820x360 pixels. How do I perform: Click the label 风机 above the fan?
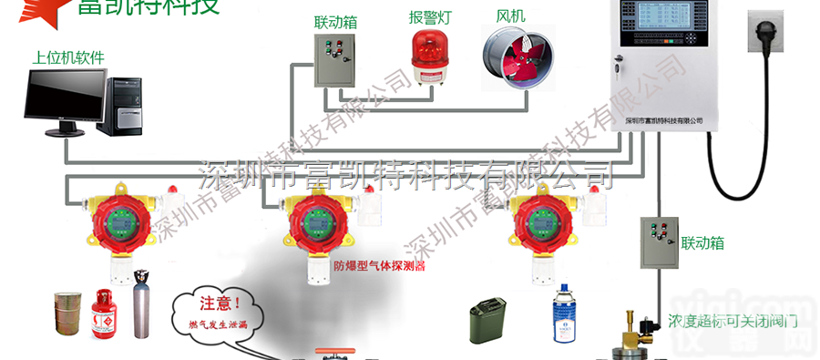click(x=510, y=17)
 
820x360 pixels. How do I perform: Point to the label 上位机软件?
click(x=68, y=57)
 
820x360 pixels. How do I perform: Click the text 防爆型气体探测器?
click(x=380, y=267)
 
